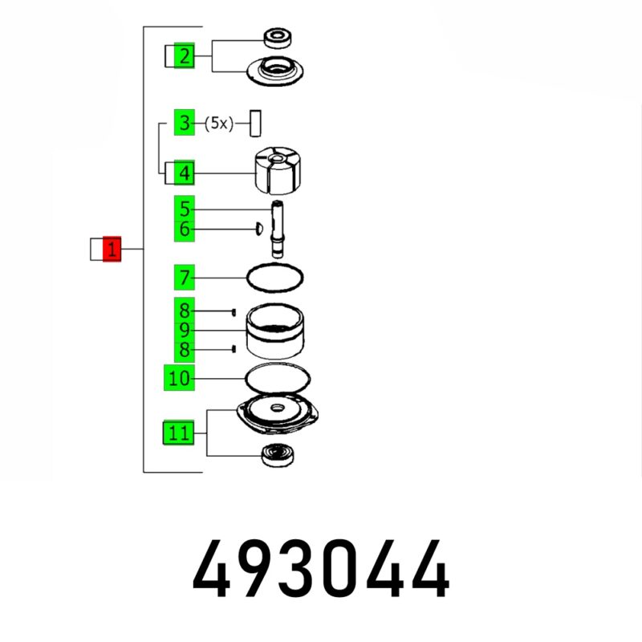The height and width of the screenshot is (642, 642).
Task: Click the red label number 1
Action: [x=112, y=249]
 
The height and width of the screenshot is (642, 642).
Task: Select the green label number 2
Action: [x=185, y=55]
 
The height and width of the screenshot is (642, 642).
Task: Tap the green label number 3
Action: [x=185, y=122]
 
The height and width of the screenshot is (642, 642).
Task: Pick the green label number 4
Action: [x=185, y=173]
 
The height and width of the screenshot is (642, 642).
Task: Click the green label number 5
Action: [x=185, y=209]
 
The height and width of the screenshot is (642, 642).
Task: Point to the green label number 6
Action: [x=185, y=229]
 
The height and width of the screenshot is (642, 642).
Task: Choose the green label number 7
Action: [x=185, y=278]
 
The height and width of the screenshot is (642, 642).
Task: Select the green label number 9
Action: [x=185, y=331]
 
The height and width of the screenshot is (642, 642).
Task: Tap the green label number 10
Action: [x=179, y=377]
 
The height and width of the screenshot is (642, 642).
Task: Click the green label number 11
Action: [x=178, y=433]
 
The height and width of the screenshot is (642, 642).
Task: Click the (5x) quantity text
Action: [x=219, y=123]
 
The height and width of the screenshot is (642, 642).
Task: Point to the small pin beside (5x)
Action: [x=255, y=124]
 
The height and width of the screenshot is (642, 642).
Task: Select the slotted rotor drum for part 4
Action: [x=275, y=170]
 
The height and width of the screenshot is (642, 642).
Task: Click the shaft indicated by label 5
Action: [x=278, y=229]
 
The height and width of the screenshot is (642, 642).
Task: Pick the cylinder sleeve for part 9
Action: [x=275, y=331]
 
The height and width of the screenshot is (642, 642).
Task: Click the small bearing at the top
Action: [x=278, y=38]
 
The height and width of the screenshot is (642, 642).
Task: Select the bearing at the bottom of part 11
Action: [x=278, y=454]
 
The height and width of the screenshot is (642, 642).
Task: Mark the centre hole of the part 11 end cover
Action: [x=278, y=408]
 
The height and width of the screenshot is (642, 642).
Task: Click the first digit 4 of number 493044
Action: [x=212, y=569]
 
